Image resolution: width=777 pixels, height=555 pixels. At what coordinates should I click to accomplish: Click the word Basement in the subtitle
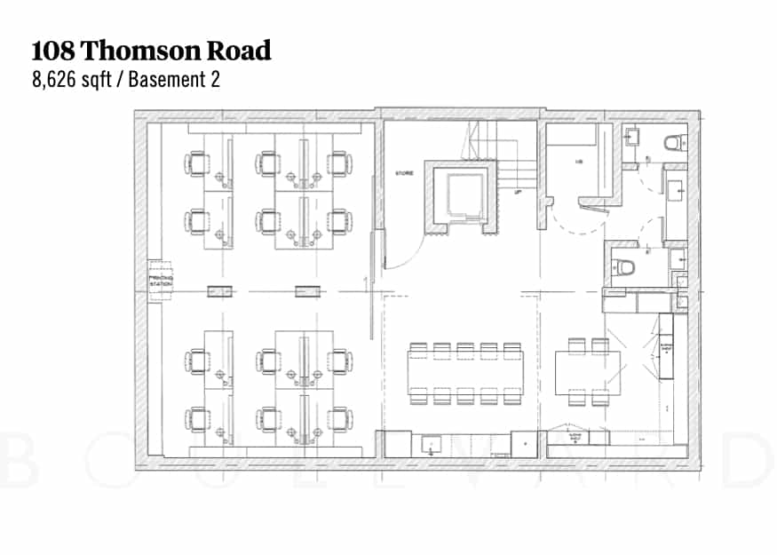(x=170, y=80)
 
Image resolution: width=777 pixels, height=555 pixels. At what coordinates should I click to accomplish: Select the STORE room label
(x=405, y=173)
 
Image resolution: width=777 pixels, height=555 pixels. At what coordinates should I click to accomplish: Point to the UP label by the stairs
(x=518, y=192)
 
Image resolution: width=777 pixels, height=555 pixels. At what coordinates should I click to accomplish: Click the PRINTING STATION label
(x=161, y=281)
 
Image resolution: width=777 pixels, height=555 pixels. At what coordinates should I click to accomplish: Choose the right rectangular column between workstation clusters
(x=306, y=290)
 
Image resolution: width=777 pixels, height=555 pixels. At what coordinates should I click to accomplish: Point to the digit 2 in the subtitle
(x=214, y=80)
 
